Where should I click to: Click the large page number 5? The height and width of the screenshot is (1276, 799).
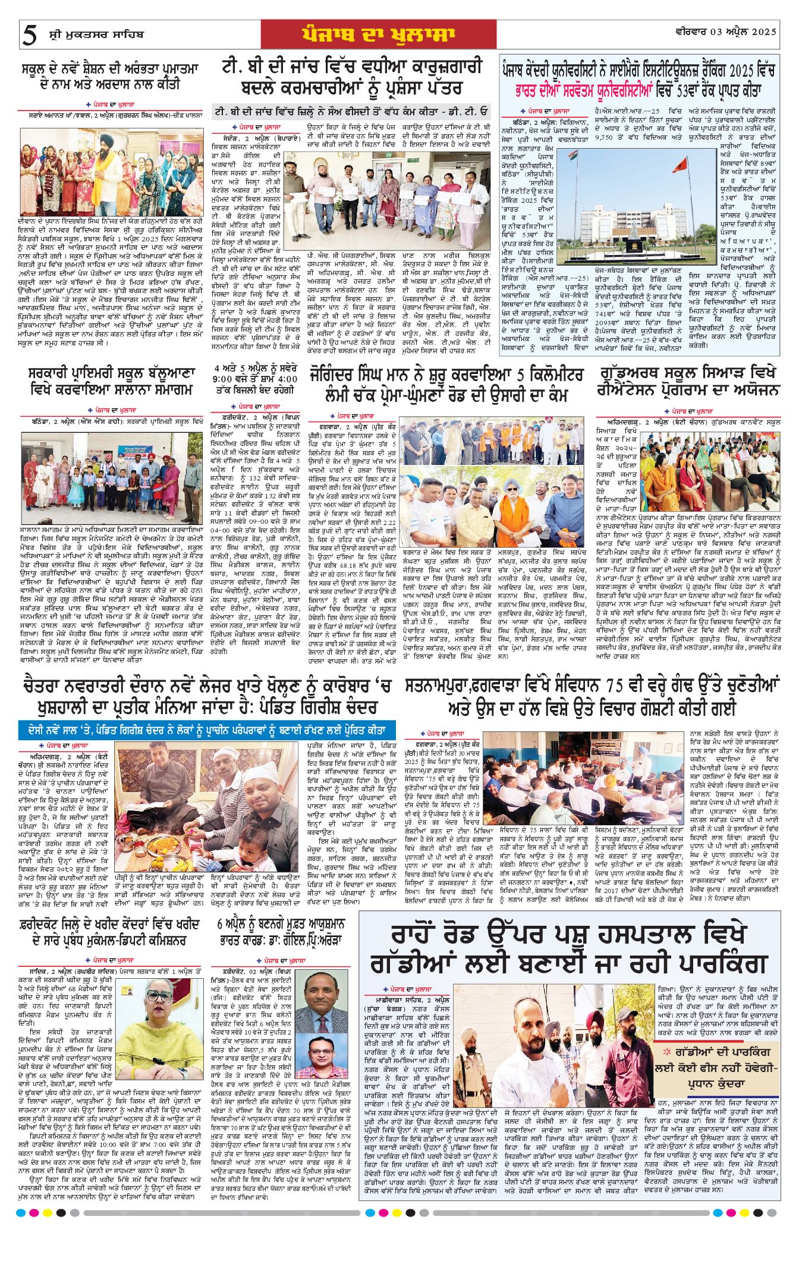click(x=29, y=35)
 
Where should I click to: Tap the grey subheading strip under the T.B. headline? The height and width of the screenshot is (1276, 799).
click(x=352, y=111)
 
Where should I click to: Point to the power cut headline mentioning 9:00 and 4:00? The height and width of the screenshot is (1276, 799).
click(x=255, y=379)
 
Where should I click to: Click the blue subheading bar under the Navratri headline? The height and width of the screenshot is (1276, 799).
click(x=207, y=728)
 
